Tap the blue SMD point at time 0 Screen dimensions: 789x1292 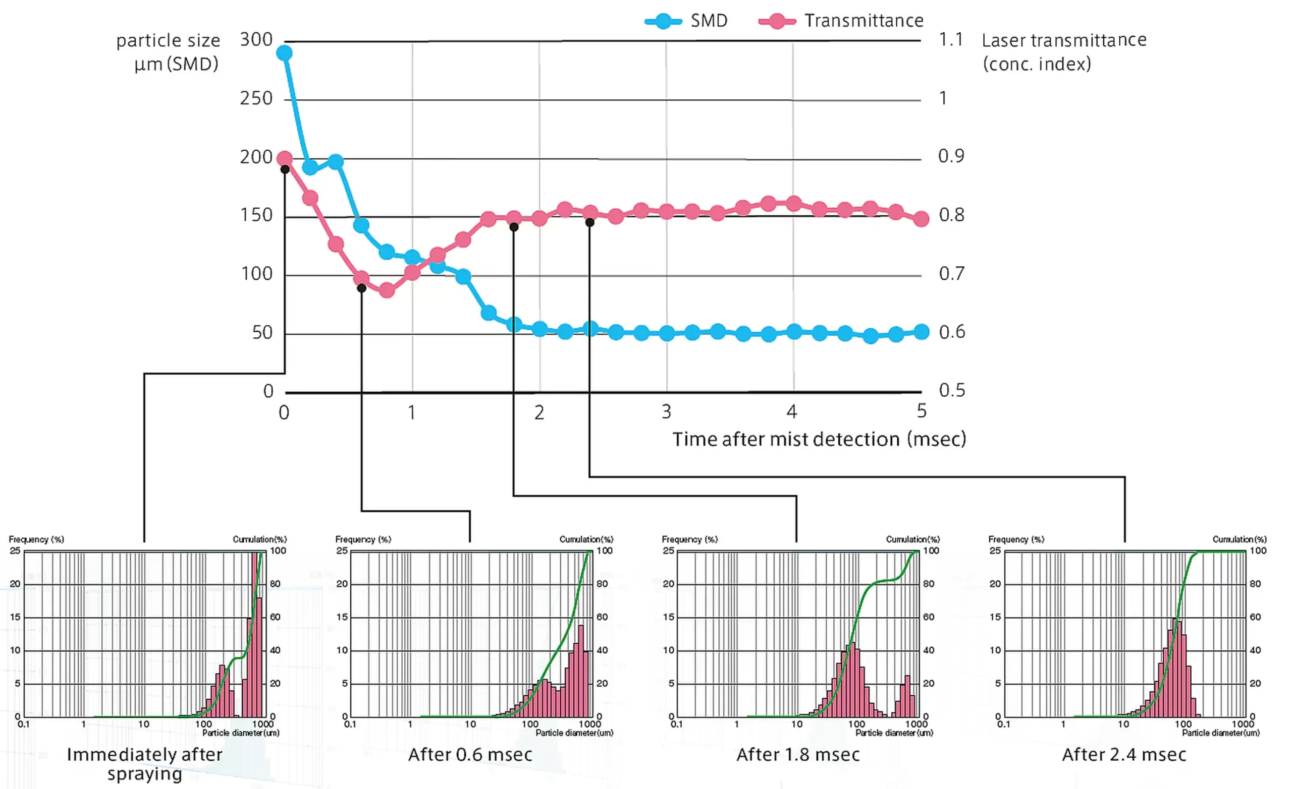point(284,53)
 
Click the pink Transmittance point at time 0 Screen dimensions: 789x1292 point(284,159)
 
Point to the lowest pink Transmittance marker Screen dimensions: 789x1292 point(387,290)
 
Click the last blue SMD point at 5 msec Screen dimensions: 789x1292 point(921,332)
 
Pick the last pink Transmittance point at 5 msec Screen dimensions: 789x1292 point(921,219)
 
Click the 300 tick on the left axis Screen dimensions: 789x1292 point(256,40)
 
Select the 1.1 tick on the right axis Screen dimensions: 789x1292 point(950,40)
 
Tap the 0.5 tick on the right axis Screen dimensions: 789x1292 point(952,390)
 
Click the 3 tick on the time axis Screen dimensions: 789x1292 point(666,412)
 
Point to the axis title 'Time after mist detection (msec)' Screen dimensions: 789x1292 point(819,439)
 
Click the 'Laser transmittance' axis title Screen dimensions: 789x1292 point(1063,40)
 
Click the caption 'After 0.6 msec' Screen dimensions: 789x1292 point(470,754)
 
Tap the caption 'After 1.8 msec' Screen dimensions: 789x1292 point(797,754)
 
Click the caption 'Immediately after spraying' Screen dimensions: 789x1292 point(144,764)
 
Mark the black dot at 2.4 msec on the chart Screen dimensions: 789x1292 point(590,223)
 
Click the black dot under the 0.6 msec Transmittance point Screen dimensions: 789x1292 point(361,288)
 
